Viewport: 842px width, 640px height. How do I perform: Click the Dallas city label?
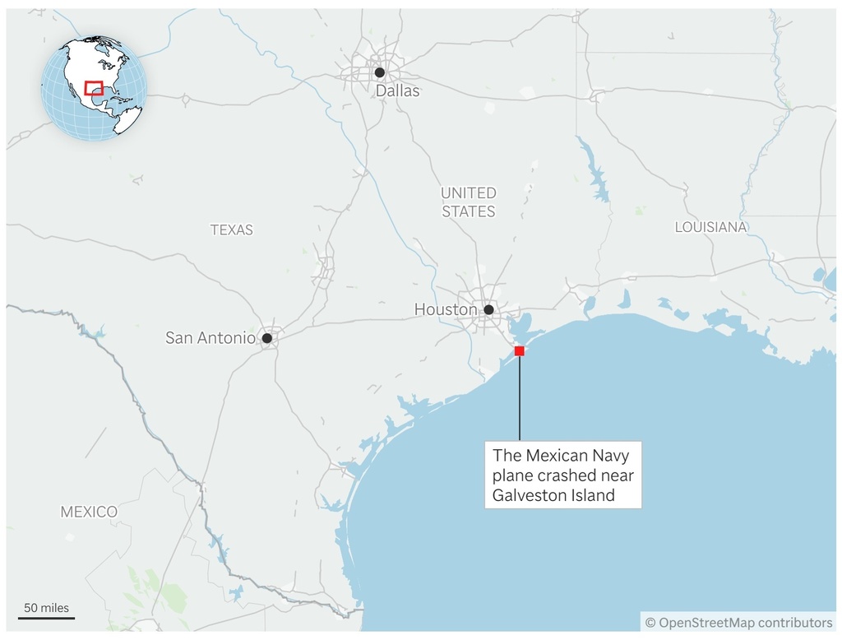pos(397,91)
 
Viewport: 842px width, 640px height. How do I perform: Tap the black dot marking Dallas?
pos(379,72)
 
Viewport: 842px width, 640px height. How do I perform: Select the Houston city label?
pos(445,310)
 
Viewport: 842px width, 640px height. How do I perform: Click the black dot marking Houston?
pos(488,310)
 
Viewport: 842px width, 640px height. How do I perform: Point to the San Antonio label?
pos(210,337)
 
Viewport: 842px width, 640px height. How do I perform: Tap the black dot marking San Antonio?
pos(266,338)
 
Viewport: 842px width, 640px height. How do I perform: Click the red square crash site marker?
pos(519,351)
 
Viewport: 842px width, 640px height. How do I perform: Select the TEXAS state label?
pos(231,230)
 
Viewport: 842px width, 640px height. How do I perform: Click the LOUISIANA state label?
pos(710,227)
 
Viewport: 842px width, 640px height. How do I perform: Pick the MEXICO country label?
pos(89,512)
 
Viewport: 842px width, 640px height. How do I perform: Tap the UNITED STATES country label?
pos(468,202)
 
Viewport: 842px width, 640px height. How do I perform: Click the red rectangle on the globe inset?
pos(93,88)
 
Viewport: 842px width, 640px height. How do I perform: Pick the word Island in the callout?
pos(594,495)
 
